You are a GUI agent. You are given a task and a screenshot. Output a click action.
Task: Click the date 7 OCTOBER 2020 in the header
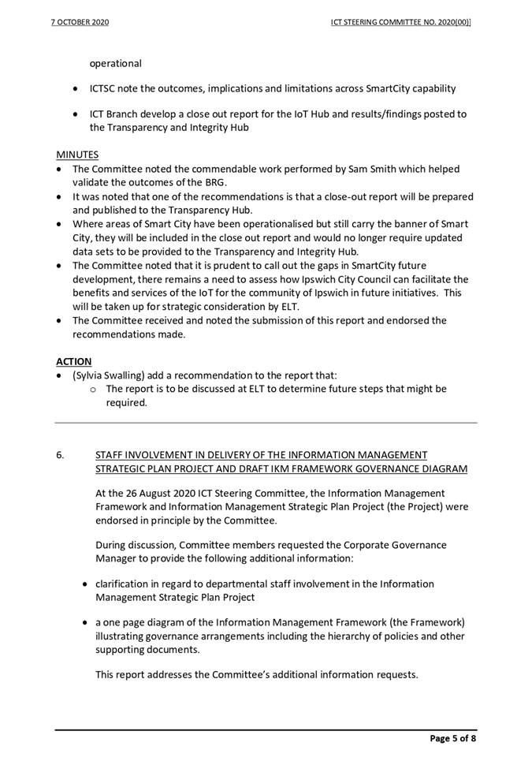(x=80, y=22)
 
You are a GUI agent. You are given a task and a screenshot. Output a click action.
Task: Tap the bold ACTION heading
(x=73, y=361)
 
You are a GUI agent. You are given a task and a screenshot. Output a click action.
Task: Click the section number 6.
(x=60, y=455)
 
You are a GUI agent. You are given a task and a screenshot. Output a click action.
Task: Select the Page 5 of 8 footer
(x=452, y=738)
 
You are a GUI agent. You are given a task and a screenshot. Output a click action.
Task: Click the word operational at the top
(x=115, y=63)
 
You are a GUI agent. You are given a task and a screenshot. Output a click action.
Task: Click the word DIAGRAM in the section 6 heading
(x=442, y=469)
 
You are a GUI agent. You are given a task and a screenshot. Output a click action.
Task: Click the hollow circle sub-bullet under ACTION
(x=94, y=390)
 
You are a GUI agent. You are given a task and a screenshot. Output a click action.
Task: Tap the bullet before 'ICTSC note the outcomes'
(x=75, y=89)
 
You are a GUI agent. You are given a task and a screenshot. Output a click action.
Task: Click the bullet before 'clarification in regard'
(x=85, y=584)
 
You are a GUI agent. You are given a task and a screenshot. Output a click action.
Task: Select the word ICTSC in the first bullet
(x=106, y=89)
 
